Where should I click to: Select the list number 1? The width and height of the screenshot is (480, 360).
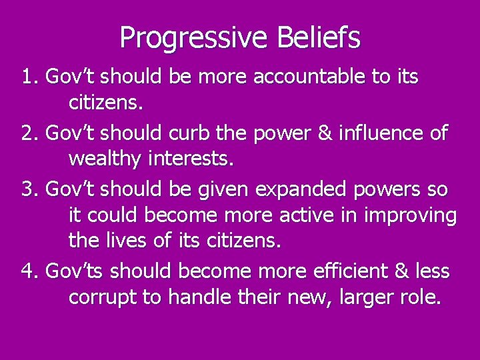pyautogui.click(x=28, y=77)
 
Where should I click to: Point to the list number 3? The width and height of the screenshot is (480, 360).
pyautogui.click(x=28, y=189)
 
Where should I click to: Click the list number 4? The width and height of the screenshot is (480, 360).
pyautogui.click(x=28, y=271)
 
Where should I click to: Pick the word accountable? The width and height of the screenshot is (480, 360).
pyautogui.click(x=309, y=77)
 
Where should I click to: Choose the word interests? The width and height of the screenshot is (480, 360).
pyautogui.click(x=194, y=159)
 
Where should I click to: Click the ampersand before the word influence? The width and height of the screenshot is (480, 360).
pyautogui.click(x=323, y=133)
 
